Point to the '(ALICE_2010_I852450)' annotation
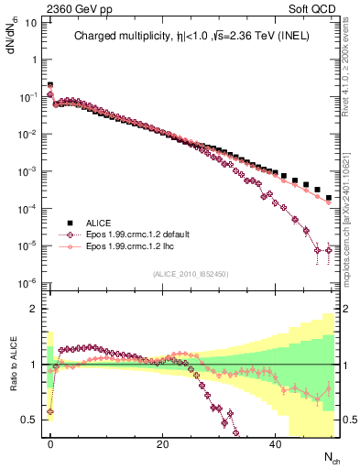pos(191,274)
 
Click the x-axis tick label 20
pos(162,443)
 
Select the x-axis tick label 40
pos(275,443)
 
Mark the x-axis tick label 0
pos(50,443)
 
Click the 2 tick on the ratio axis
pos(36,309)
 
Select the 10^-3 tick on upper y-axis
pos(29,171)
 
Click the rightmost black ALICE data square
pos(328,198)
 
